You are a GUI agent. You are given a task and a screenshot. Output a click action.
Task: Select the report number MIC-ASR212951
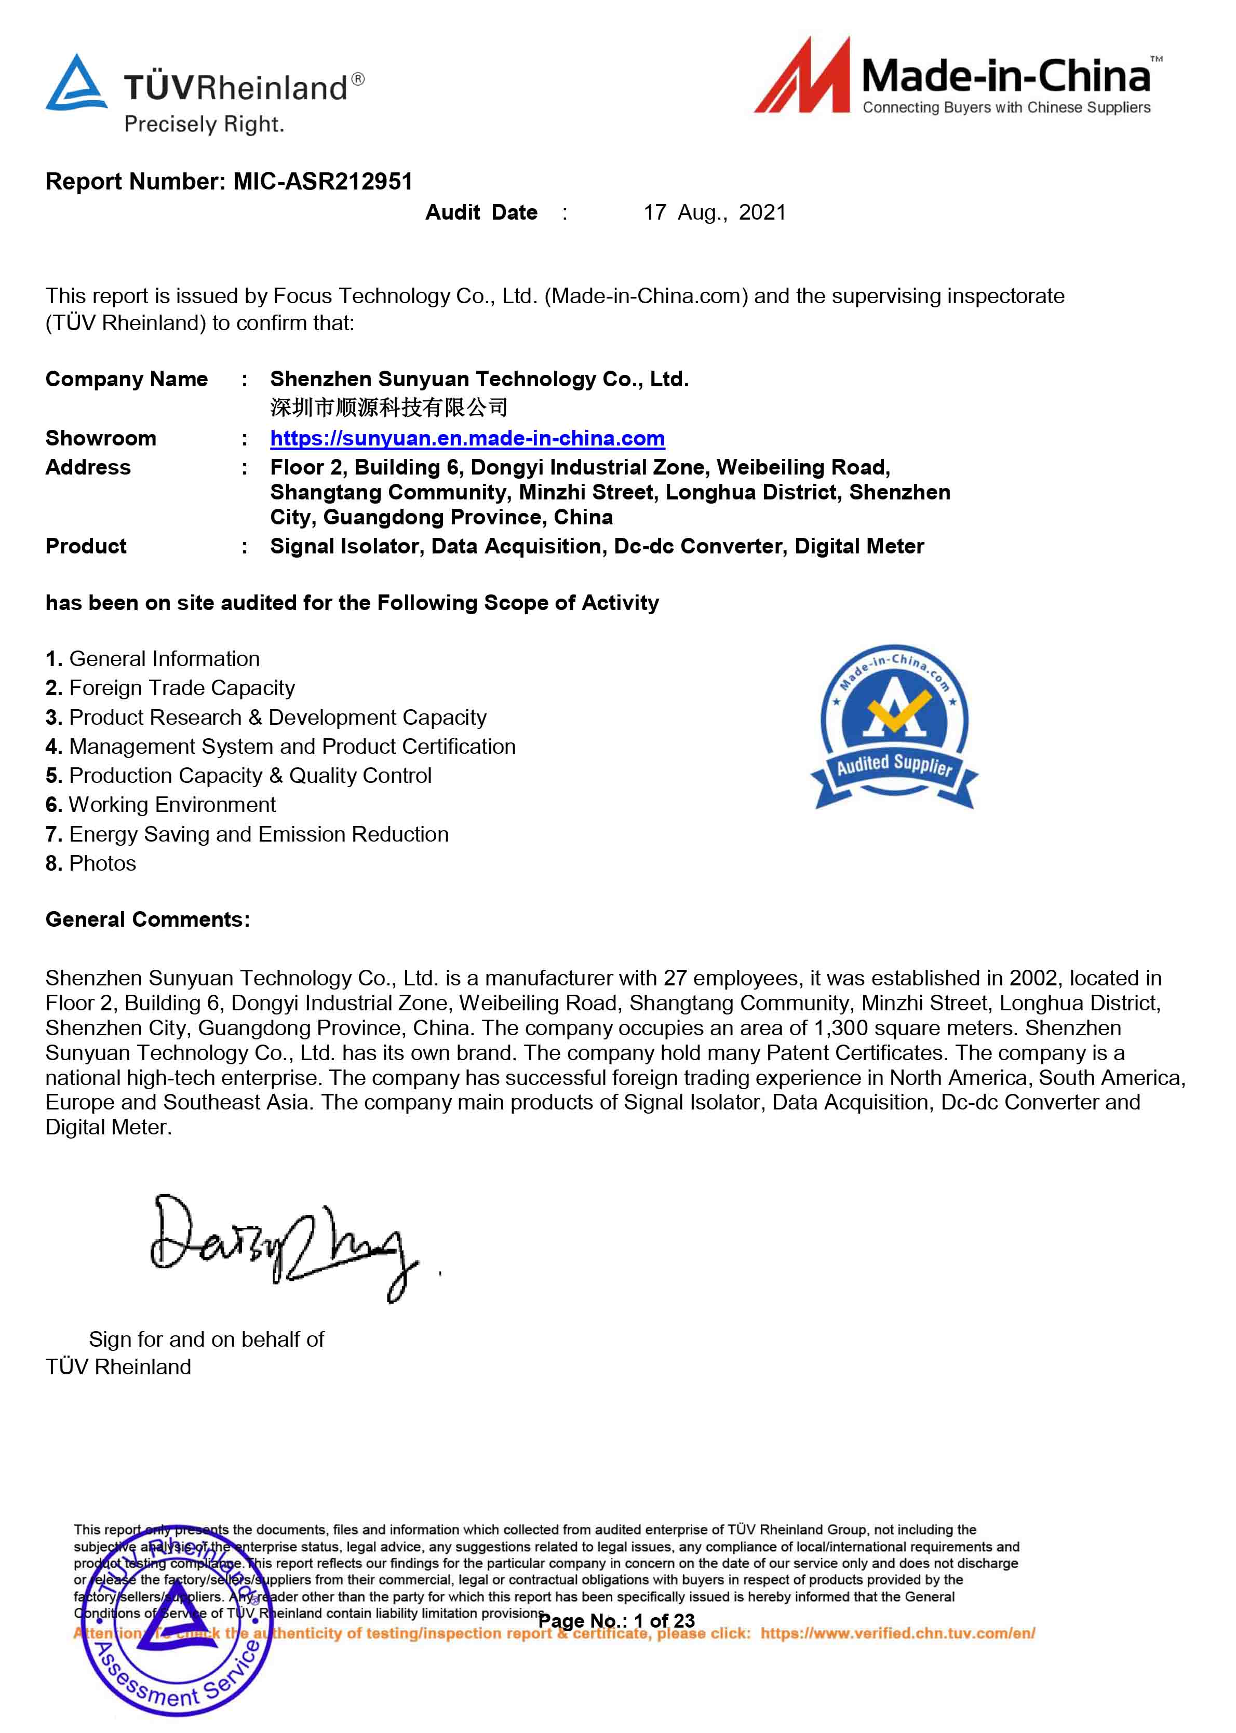click(323, 181)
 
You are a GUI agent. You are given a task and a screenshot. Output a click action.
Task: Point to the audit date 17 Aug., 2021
click(714, 212)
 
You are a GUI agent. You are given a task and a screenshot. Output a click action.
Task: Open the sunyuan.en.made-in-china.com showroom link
click(467, 438)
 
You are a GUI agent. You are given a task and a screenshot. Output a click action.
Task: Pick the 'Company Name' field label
click(126, 379)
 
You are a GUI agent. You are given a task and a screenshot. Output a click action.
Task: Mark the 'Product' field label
click(86, 546)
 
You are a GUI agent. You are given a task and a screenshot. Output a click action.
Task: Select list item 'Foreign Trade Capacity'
click(181, 688)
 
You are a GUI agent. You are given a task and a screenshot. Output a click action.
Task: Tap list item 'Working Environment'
click(172, 804)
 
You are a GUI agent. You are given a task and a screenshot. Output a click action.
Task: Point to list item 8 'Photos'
click(102, 863)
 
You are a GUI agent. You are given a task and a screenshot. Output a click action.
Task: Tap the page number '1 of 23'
click(664, 1620)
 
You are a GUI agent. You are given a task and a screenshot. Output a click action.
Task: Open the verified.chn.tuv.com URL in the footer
click(897, 1633)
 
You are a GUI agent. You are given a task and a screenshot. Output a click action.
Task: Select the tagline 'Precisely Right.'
click(204, 124)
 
